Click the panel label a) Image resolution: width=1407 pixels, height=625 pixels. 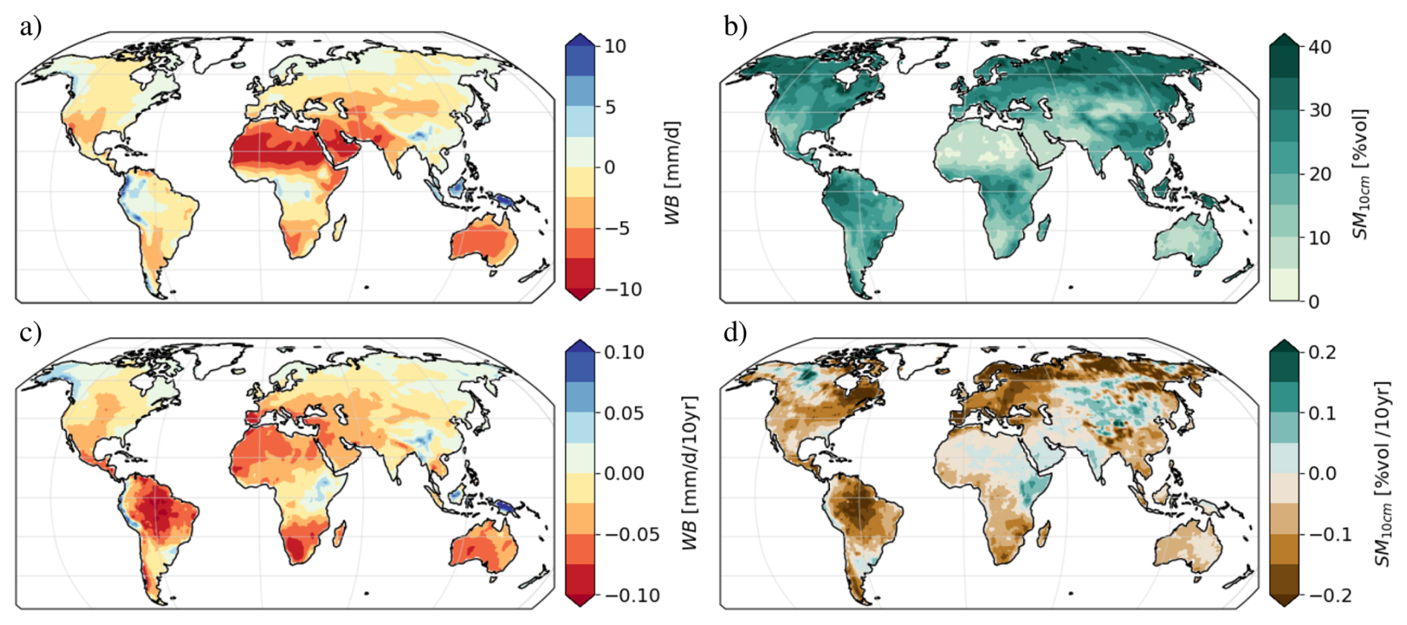click(x=30, y=28)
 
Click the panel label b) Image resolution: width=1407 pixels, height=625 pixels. click(x=735, y=28)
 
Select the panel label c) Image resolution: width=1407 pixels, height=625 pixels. click(x=30, y=333)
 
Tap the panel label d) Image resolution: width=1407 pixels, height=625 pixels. click(x=735, y=333)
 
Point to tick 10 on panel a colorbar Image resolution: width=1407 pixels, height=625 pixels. click(x=615, y=46)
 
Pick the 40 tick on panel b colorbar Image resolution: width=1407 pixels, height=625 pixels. click(x=1319, y=47)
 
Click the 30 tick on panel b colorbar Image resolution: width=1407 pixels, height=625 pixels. click(x=1319, y=110)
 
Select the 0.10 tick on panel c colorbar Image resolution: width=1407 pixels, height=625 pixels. click(x=623, y=352)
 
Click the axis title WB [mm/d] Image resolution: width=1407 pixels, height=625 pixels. click(x=673, y=173)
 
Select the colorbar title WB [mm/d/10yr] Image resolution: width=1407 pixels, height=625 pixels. click(x=691, y=473)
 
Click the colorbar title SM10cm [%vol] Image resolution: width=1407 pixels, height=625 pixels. click(x=1361, y=174)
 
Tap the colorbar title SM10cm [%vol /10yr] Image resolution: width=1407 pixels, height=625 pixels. click(x=1383, y=473)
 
